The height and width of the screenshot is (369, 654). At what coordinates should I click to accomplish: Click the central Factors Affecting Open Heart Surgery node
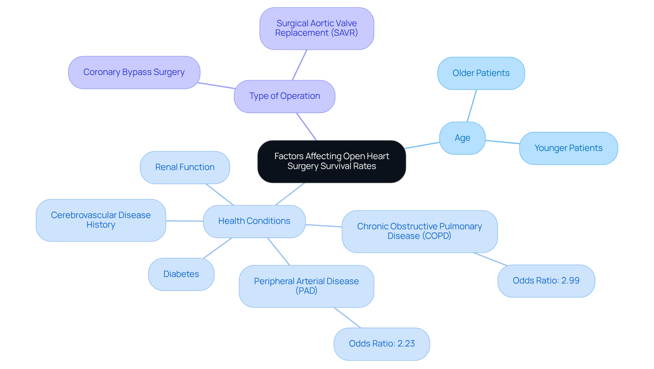click(x=331, y=162)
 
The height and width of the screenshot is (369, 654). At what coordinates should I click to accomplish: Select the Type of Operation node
click(x=284, y=96)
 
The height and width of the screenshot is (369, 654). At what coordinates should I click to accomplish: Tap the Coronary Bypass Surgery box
click(x=134, y=73)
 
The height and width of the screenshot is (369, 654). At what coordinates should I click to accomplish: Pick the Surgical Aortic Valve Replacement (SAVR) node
click(x=316, y=29)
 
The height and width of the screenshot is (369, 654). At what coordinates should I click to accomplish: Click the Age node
click(x=462, y=138)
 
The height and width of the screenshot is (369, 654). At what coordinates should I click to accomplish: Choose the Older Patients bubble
click(x=481, y=73)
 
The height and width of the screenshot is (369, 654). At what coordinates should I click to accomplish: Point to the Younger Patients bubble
click(x=568, y=148)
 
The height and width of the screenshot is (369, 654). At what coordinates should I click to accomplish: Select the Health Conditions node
click(x=254, y=221)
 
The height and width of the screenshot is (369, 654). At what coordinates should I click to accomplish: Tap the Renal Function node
click(x=185, y=167)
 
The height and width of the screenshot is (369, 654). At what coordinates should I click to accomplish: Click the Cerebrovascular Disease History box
click(x=101, y=220)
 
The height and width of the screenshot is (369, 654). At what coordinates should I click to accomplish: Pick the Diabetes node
click(x=181, y=274)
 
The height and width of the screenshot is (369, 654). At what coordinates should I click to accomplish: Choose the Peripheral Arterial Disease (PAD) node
click(x=306, y=286)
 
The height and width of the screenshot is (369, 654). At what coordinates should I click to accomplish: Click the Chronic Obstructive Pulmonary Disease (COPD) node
click(x=419, y=231)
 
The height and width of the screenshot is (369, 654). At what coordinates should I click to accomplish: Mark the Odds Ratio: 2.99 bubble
click(x=546, y=281)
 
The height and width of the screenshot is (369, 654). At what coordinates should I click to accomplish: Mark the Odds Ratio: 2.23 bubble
click(x=381, y=344)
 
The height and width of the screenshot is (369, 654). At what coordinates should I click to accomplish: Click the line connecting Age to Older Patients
click(x=472, y=106)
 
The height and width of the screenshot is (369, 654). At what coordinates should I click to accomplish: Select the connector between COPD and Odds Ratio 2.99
click(x=490, y=259)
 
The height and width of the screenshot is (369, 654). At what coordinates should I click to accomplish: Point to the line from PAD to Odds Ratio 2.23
click(x=347, y=318)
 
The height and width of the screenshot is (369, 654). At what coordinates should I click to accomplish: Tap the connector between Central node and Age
click(x=422, y=145)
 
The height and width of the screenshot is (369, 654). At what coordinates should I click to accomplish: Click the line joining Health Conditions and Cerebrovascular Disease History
click(x=184, y=221)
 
